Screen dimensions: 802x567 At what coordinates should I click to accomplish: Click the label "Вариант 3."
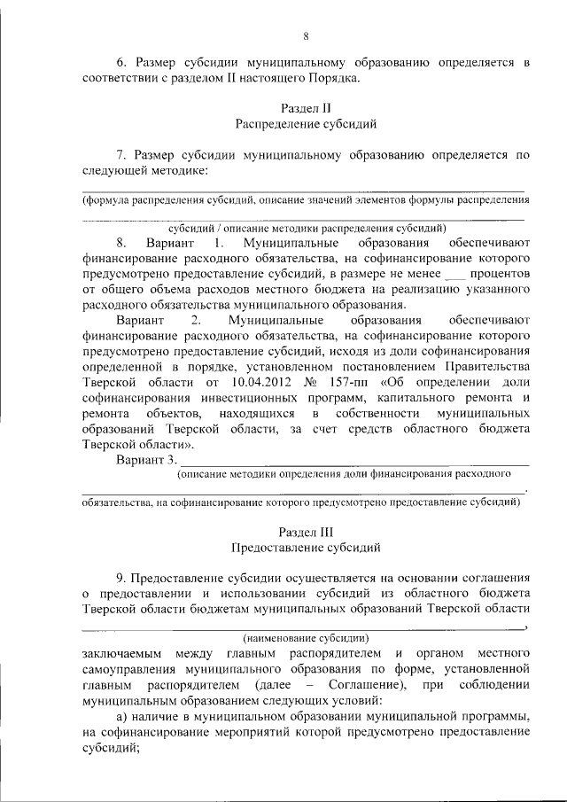click(x=146, y=460)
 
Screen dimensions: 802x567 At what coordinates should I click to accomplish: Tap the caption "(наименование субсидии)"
click(x=306, y=637)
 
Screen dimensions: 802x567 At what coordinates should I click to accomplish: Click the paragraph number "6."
click(x=124, y=63)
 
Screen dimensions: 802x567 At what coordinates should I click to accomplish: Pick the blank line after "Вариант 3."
click(x=354, y=462)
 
